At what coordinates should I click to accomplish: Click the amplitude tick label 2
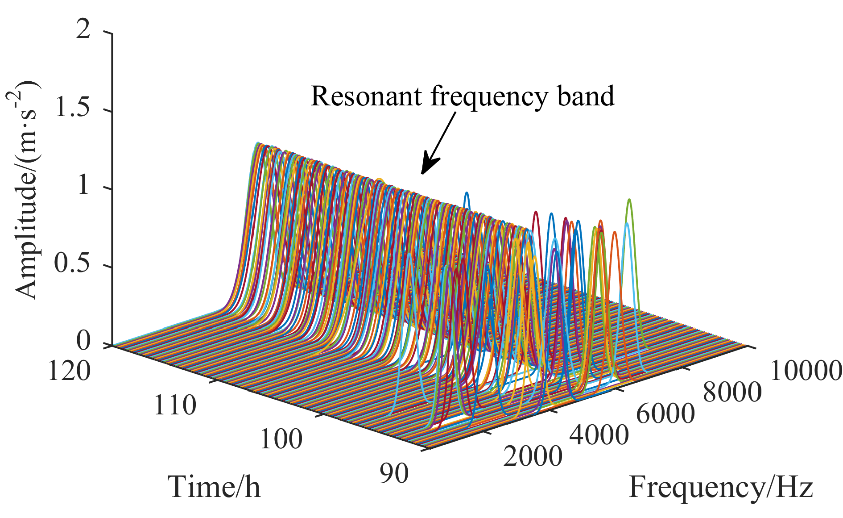pyautogui.click(x=83, y=33)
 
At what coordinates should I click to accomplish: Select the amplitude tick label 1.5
pyautogui.click(x=72, y=110)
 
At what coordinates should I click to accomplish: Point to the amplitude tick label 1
pyautogui.click(x=84, y=188)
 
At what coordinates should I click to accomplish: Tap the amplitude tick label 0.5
pyautogui.click(x=72, y=266)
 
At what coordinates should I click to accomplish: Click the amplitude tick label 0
pyautogui.click(x=83, y=343)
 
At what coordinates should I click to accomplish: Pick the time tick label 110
pyautogui.click(x=174, y=405)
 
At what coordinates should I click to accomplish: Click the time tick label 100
pyautogui.click(x=281, y=439)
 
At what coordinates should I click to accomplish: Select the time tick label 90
pyautogui.click(x=394, y=473)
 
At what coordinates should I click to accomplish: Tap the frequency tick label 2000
pyautogui.click(x=533, y=456)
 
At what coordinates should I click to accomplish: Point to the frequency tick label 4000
pyautogui.click(x=599, y=434)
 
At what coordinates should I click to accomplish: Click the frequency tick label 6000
pyautogui.click(x=665, y=414)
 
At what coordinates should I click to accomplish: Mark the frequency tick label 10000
pyautogui.click(x=806, y=372)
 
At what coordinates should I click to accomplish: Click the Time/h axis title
pyautogui.click(x=215, y=487)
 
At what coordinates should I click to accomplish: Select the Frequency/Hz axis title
pyautogui.click(x=721, y=488)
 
